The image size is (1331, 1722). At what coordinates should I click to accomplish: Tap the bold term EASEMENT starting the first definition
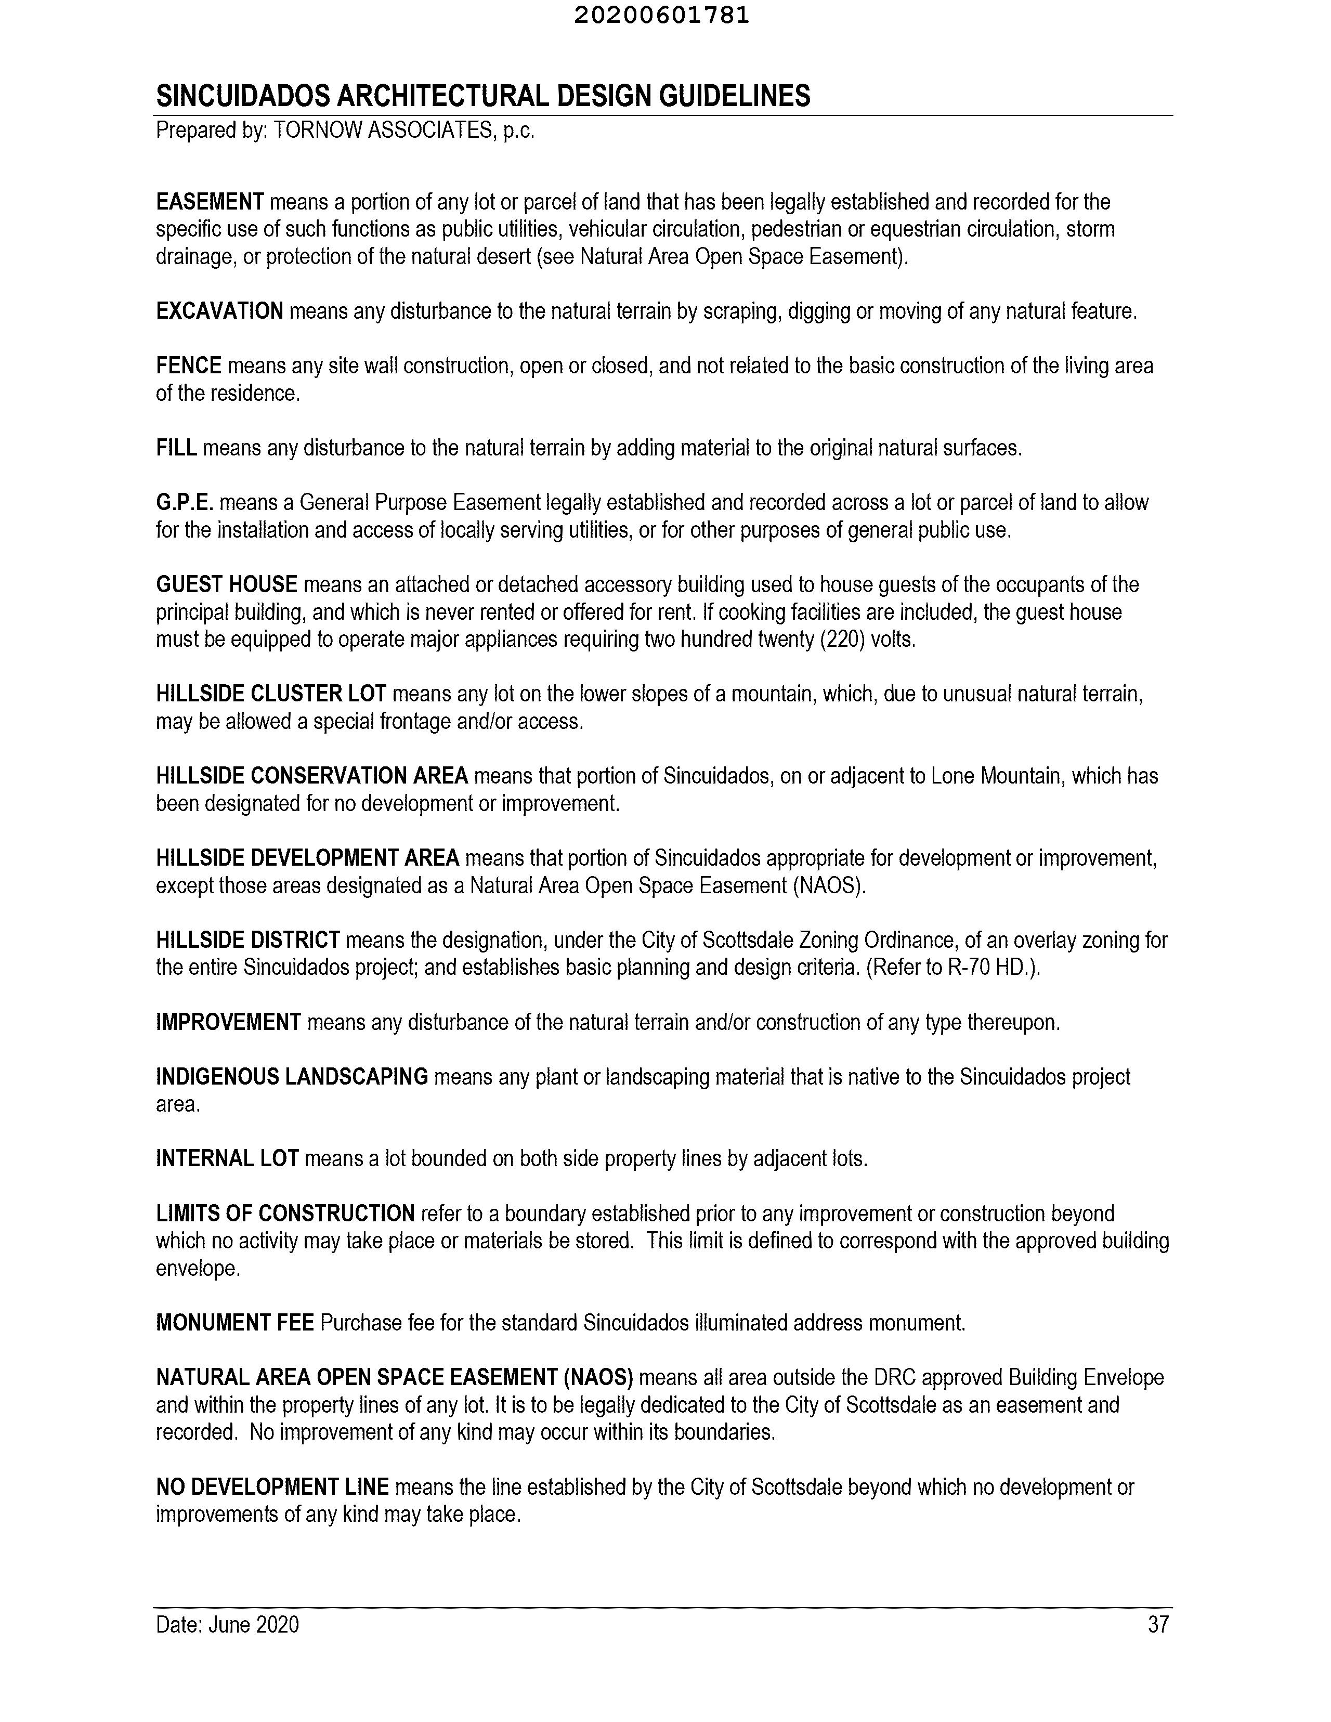[210, 202]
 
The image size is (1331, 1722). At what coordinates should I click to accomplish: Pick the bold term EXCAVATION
[219, 311]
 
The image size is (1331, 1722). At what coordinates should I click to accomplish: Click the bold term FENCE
[188, 366]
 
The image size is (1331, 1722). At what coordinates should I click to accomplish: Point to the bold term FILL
[176, 448]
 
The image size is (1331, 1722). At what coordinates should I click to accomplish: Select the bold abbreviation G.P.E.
[185, 502]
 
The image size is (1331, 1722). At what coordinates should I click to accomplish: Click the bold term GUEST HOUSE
[226, 584]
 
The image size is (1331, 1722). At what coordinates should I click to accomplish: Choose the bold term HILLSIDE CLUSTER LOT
[270, 694]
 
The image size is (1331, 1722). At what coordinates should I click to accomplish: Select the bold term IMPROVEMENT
[228, 1023]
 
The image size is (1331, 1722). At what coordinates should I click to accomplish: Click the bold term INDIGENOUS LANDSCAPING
[292, 1077]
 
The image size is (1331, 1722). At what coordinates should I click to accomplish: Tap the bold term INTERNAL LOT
[227, 1159]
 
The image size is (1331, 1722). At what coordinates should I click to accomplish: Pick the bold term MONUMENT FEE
[235, 1322]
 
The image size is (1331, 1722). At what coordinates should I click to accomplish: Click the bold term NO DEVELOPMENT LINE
[272, 1487]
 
